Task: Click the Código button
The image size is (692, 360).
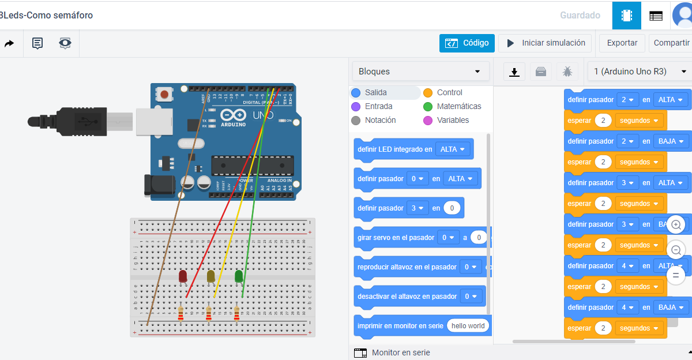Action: [x=467, y=43]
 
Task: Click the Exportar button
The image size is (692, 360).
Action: [x=622, y=43]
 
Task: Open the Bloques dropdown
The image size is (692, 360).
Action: [x=420, y=72]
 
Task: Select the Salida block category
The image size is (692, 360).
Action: [x=375, y=92]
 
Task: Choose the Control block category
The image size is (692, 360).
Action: [x=449, y=92]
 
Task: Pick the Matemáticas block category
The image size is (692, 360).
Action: [x=458, y=106]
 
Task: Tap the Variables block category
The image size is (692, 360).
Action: [x=453, y=120]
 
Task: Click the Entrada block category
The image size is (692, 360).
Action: [x=378, y=106]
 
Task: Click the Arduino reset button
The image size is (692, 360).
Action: [x=165, y=94]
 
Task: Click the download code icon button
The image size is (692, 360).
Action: [x=514, y=72]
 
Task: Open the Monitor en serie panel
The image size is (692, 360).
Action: [x=401, y=352]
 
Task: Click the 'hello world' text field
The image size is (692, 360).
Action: [x=468, y=326]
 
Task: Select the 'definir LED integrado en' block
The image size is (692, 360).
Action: [x=394, y=149]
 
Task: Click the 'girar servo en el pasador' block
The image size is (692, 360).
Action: [x=396, y=237]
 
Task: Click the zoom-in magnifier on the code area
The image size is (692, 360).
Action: [x=676, y=224]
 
